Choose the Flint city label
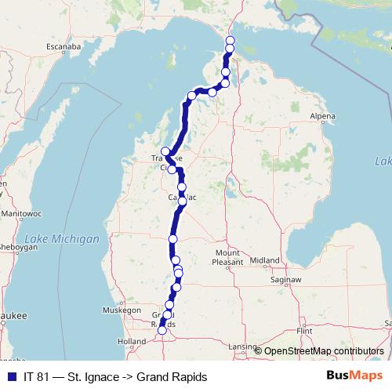tap(305, 331)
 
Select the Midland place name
tap(265, 260)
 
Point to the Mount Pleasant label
tap(227, 258)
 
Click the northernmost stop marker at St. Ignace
tap(230, 41)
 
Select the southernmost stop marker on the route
tap(162, 331)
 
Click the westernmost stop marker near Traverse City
tap(165, 151)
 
